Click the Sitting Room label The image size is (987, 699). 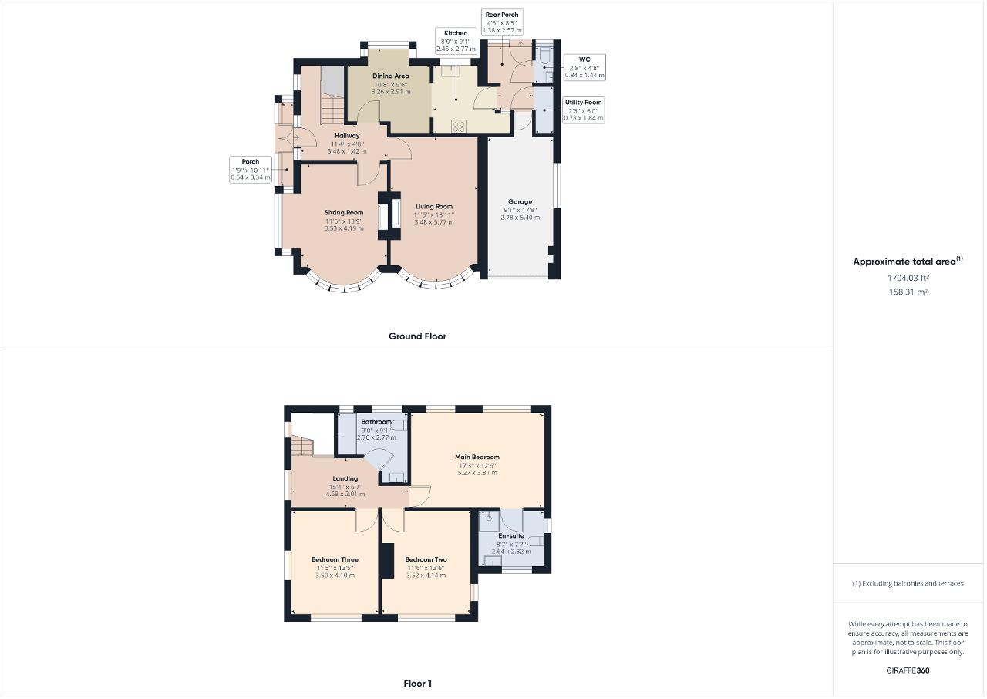(x=343, y=213)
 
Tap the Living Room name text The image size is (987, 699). (x=433, y=207)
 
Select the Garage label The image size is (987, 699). (x=520, y=202)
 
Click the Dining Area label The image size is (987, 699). (x=390, y=76)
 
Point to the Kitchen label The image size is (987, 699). (x=455, y=33)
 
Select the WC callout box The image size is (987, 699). (x=584, y=67)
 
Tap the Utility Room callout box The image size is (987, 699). (x=583, y=110)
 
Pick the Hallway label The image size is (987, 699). (x=346, y=136)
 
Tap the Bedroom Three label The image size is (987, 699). (x=335, y=559)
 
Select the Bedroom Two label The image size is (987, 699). (x=426, y=559)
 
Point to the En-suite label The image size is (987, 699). (x=510, y=535)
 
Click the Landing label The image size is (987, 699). (x=345, y=479)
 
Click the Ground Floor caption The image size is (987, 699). (x=417, y=336)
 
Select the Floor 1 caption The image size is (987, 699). (x=417, y=684)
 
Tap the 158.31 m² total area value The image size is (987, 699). (x=908, y=292)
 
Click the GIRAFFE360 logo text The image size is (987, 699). (x=908, y=670)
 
